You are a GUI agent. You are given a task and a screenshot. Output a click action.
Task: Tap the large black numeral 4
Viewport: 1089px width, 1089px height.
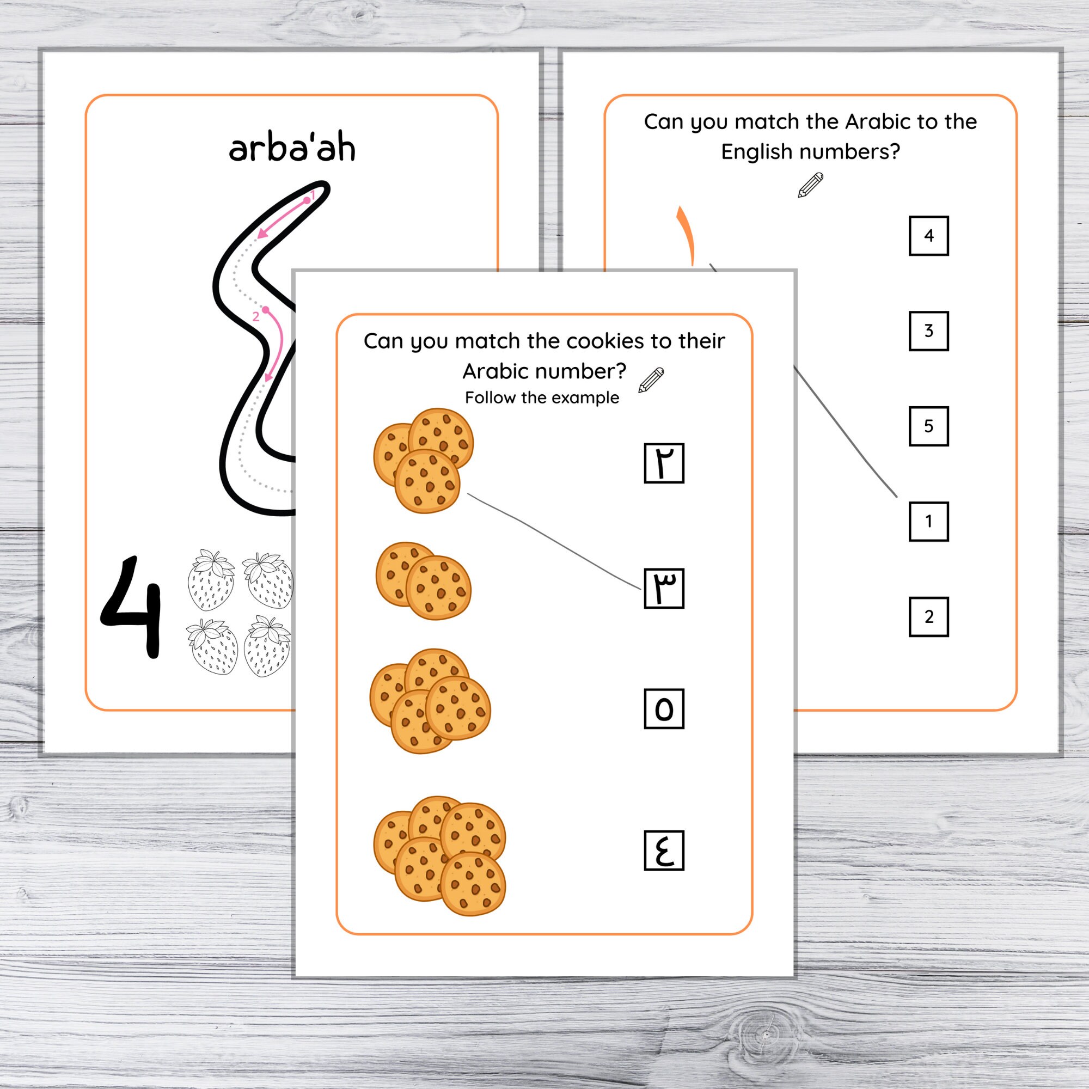pyautogui.click(x=132, y=607)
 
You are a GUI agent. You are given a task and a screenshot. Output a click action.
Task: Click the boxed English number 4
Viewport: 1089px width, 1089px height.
pyautogui.click(x=928, y=236)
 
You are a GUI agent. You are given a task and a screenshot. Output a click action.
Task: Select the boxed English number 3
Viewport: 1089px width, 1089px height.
pyautogui.click(x=928, y=331)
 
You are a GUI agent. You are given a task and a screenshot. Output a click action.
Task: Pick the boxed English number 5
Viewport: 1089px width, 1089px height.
pyautogui.click(x=928, y=426)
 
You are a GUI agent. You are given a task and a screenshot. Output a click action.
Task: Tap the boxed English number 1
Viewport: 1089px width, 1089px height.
pyautogui.click(x=928, y=522)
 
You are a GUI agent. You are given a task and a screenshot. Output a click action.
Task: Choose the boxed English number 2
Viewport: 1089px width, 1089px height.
pyautogui.click(x=928, y=617)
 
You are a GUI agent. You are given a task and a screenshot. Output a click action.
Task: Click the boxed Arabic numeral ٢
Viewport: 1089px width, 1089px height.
pyautogui.click(x=664, y=463)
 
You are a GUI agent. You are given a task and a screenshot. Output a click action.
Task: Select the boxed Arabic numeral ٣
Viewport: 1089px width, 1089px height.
pyautogui.click(x=664, y=589)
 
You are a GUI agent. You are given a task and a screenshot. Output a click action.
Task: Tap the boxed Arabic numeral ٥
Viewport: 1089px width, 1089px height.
pyautogui.click(x=664, y=708)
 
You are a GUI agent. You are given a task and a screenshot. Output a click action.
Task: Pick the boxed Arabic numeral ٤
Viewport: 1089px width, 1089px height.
pyautogui.click(x=664, y=850)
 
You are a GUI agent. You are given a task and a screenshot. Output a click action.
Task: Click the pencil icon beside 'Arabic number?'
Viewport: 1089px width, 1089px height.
pyautogui.click(x=651, y=380)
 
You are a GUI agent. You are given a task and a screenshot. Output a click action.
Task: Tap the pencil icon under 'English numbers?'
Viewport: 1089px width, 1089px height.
pyautogui.click(x=811, y=186)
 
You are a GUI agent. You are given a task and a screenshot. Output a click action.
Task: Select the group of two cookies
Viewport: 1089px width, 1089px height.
pyautogui.click(x=423, y=580)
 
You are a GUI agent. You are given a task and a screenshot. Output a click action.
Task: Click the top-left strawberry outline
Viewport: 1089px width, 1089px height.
pyautogui.click(x=211, y=579)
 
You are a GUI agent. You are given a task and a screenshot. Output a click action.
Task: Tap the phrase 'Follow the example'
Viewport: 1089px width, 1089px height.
pyautogui.click(x=542, y=398)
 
